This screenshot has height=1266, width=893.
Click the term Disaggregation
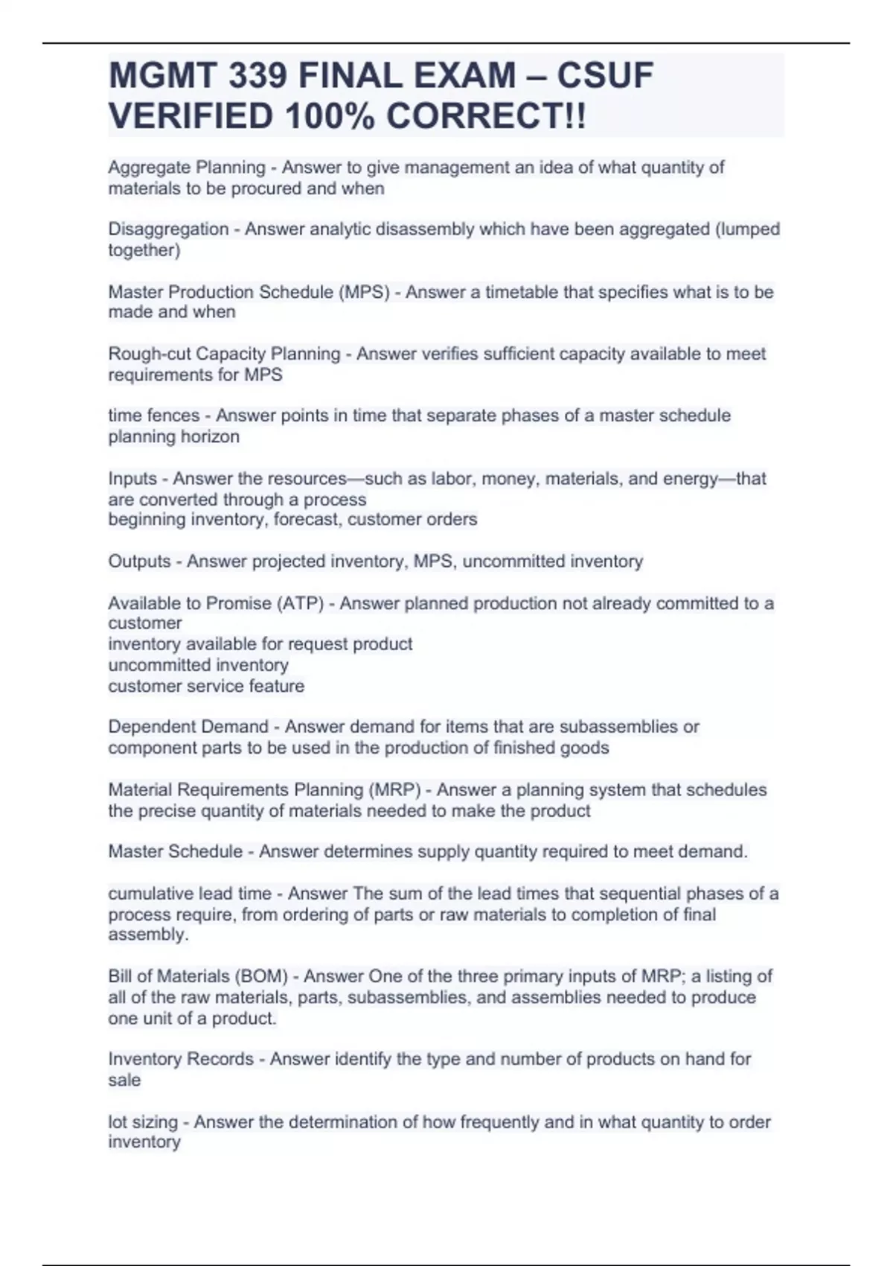pyautogui.click(x=168, y=229)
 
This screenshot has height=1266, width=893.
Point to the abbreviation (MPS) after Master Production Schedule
pyautogui.click(x=364, y=292)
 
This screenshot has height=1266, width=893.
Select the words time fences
pyautogui.click(x=154, y=416)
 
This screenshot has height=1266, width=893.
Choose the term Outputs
pyautogui.click(x=139, y=561)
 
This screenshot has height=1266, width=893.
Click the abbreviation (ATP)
pyautogui.click(x=300, y=603)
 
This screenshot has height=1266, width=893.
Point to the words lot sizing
pyautogui.click(x=143, y=1122)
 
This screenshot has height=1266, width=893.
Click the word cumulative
pyautogui.click(x=148, y=893)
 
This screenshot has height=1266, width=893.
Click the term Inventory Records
pyautogui.click(x=181, y=1059)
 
